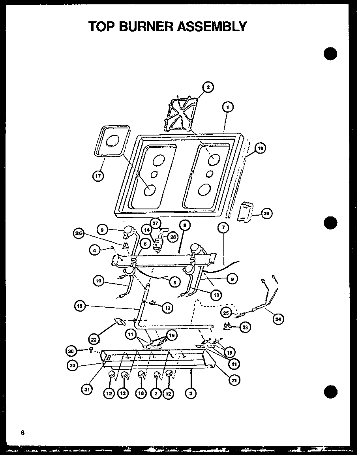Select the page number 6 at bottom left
coord(23,432)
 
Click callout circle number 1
coord(228,107)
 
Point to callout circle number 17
coord(98,176)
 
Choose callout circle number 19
coord(260,149)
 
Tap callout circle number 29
coord(266,214)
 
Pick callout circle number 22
coord(94,339)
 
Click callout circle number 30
coord(71,350)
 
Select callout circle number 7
coord(224,228)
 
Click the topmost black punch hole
coord(330,53)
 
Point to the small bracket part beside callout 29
coord(245,212)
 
